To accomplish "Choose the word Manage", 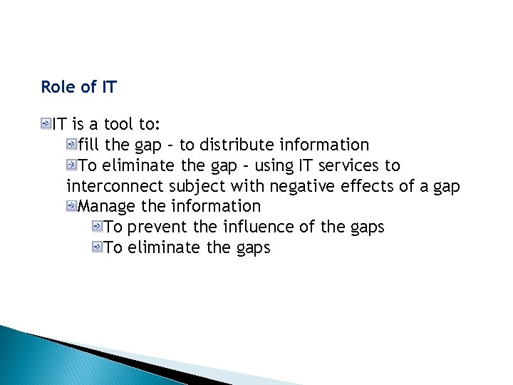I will pos(107,207).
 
